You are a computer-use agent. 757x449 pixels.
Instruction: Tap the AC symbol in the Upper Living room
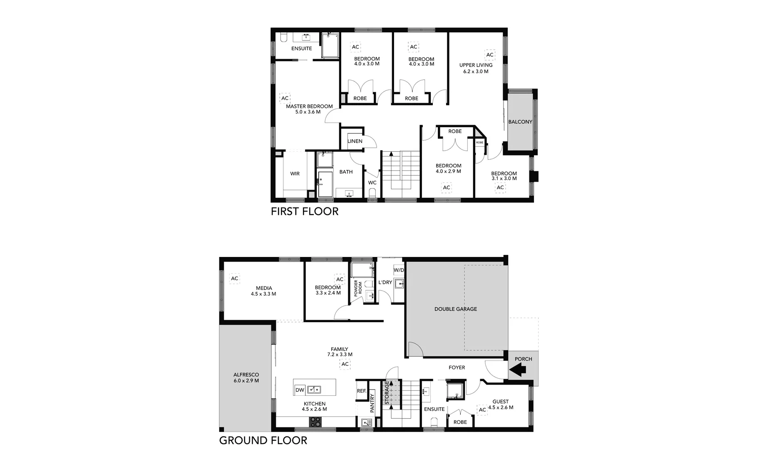point(490,55)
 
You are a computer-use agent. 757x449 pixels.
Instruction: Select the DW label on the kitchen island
point(300,390)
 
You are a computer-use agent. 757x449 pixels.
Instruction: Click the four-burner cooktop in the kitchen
point(315,422)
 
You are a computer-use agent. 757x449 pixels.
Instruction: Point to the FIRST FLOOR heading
point(304,211)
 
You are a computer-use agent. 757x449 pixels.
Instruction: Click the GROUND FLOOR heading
point(263,440)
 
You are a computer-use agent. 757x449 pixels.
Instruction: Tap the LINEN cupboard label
point(355,141)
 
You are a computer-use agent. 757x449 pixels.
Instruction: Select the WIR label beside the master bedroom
point(295,173)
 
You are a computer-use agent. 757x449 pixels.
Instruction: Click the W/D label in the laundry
point(399,270)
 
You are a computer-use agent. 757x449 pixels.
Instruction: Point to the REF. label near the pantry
point(361,391)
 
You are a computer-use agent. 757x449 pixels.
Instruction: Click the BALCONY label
point(520,122)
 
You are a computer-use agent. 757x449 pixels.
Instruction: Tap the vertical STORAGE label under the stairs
point(387,393)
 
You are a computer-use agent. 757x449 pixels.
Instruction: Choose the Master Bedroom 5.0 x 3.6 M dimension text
point(308,112)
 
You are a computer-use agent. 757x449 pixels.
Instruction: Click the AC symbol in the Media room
point(234,278)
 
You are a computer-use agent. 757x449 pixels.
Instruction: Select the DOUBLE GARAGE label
point(455,309)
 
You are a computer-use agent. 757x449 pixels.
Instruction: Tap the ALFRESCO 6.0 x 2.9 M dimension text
point(246,380)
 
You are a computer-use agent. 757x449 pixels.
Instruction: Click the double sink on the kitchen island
point(314,390)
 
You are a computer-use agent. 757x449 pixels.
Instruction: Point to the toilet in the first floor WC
point(372,192)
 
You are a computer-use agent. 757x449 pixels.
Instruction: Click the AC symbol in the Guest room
point(482,410)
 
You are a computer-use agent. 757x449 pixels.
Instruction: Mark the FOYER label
point(457,368)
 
